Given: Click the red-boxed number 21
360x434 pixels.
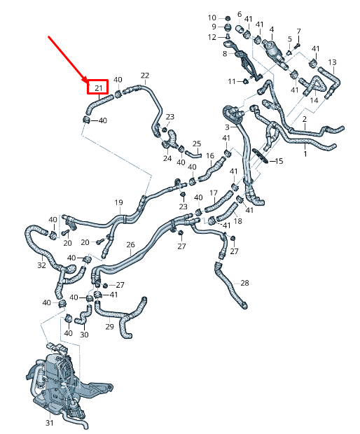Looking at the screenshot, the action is [99, 88].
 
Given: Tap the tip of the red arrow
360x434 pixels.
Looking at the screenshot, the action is [88, 82].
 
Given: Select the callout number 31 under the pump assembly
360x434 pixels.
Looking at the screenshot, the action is [49, 423].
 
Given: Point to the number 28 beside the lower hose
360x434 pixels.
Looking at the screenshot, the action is [244, 283].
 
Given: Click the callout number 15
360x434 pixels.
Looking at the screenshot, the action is [279, 161].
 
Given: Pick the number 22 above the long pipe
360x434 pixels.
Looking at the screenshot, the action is [145, 76].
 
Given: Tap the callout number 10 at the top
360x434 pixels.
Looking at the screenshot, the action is [212, 17].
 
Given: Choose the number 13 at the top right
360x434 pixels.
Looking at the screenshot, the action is [332, 62].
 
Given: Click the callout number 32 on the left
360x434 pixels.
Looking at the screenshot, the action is [41, 265].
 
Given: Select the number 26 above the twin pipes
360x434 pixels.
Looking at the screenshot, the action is [130, 245].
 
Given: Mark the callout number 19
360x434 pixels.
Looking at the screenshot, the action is [118, 202].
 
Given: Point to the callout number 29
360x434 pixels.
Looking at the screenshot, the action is [110, 327].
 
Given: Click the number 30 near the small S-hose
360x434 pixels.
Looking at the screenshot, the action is [84, 335].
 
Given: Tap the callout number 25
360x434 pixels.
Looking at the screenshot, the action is [197, 143].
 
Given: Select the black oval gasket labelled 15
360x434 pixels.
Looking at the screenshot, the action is [261, 156].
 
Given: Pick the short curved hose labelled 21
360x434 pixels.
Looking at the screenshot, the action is [98, 103].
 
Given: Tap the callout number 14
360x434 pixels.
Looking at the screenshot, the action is [314, 100].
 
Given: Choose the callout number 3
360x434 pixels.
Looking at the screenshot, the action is [227, 127].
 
